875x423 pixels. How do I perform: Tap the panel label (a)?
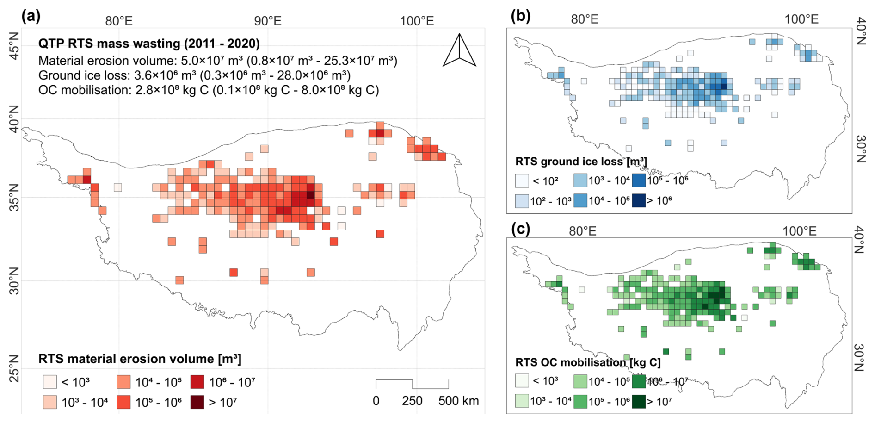(31, 17)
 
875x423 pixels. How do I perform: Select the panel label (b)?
(520, 17)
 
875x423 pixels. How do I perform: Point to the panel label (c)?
(520, 228)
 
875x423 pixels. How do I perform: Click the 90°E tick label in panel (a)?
(268, 21)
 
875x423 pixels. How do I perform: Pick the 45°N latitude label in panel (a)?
(14, 45)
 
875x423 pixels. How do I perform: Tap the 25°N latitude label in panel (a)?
(14, 369)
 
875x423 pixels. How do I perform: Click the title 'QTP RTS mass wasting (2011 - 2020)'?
(149, 44)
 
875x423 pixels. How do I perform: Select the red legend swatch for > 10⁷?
(197, 402)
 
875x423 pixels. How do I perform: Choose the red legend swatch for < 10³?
(50, 382)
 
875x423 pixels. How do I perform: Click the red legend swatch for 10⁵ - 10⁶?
(123, 402)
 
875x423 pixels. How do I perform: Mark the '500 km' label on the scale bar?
(458, 401)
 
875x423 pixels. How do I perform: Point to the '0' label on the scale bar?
(376, 401)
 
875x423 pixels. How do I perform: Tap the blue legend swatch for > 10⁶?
(639, 200)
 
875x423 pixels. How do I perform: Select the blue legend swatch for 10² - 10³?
(522, 201)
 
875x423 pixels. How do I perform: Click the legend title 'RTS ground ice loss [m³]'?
(581, 162)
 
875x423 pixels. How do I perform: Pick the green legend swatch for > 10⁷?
(639, 401)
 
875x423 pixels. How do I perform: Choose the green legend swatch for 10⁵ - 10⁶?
(580, 401)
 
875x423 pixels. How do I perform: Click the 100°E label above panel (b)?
(801, 19)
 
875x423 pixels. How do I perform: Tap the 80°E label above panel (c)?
(583, 231)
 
